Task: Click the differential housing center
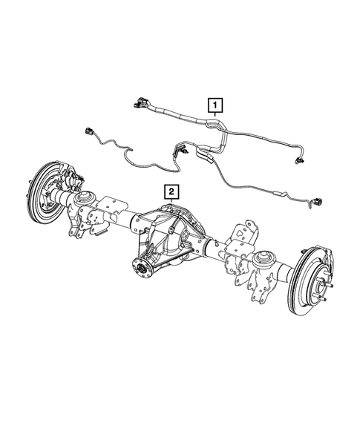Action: (x=169, y=230)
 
